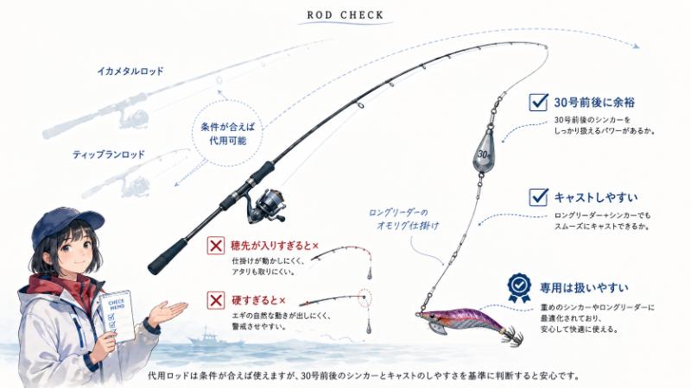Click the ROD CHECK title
click(x=345, y=15)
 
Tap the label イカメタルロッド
click(x=130, y=71)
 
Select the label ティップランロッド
click(x=109, y=154)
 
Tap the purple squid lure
click(x=467, y=324)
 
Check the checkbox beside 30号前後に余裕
click(x=538, y=102)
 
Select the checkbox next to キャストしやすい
click(x=538, y=197)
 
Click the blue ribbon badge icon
click(x=520, y=288)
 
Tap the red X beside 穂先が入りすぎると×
click(x=216, y=246)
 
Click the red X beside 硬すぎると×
click(x=216, y=300)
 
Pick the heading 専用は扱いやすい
click(x=585, y=288)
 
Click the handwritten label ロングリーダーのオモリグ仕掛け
click(x=404, y=219)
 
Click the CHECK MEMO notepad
click(x=117, y=316)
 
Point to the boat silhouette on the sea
click(x=215, y=338)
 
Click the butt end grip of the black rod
click(x=168, y=256)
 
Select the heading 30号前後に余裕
click(x=594, y=103)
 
